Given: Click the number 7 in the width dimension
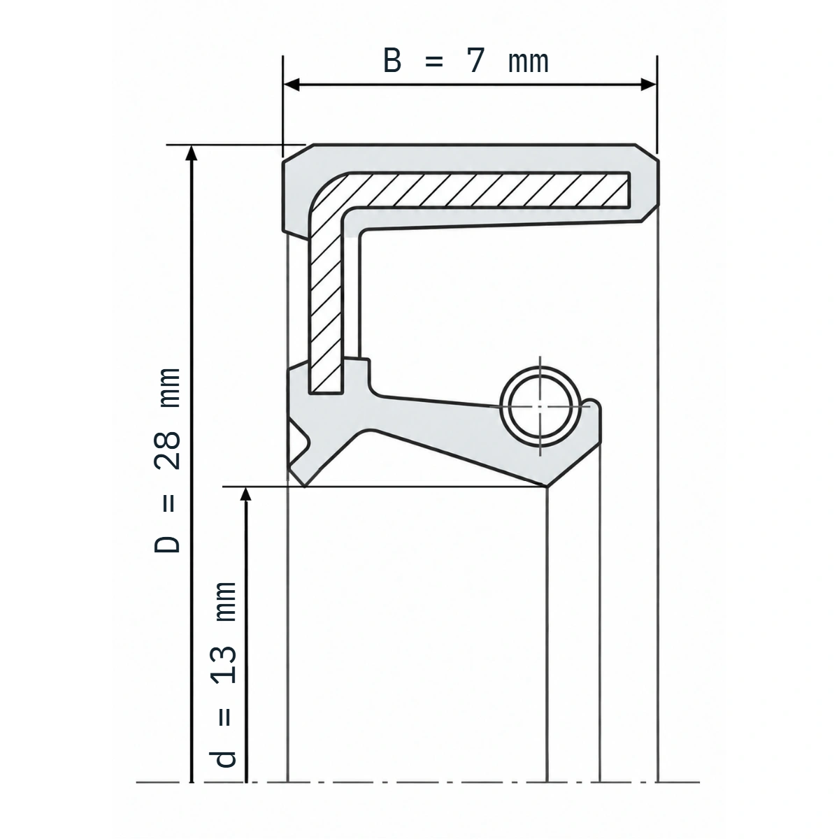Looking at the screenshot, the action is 475,61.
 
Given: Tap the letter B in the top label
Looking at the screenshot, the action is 392,61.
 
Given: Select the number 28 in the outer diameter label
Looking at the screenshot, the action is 167,450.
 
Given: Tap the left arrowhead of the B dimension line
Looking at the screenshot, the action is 291,85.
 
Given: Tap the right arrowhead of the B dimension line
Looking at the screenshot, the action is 649,85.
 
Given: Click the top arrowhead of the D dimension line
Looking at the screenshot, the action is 191,152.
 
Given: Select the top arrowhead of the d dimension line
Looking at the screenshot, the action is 246,494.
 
